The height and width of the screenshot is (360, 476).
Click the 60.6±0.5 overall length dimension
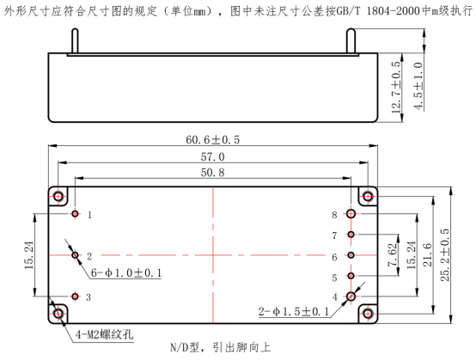212,140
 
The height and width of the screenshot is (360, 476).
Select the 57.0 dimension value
212,157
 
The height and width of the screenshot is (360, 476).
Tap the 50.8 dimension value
212,173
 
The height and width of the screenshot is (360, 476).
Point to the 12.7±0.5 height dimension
396,88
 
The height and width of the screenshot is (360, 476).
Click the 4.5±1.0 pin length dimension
418,86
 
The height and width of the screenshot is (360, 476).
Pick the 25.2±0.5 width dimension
445,255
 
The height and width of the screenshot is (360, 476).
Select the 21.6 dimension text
427,255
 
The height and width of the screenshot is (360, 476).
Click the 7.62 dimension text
393,255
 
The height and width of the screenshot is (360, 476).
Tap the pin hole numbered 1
76,214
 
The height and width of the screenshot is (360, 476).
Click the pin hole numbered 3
76,296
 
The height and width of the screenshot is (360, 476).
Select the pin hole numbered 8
351,214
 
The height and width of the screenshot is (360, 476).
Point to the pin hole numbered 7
351,235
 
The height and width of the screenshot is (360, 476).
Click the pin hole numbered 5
351,276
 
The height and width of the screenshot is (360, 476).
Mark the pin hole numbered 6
351,255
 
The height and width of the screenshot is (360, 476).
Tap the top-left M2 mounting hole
58,196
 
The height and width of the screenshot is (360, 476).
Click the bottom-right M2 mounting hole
368,314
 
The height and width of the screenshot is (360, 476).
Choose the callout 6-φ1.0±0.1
126,273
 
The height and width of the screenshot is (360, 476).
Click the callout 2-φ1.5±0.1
294,311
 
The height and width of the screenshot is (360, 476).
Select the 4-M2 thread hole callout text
105,334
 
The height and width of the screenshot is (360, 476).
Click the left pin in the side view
75,41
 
